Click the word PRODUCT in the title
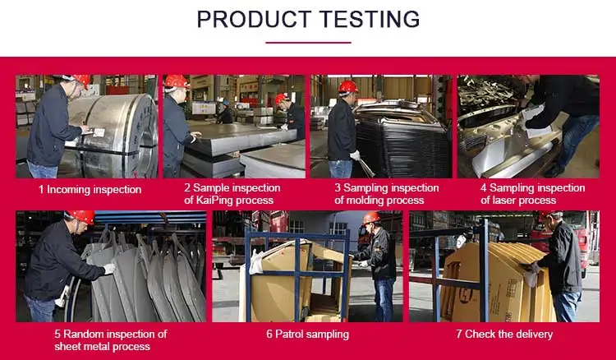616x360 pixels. click(254, 19)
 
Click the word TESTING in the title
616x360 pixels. click(370, 19)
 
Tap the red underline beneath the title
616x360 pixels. click(308, 43)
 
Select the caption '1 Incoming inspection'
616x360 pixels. click(90, 190)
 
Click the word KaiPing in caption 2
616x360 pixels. click(212, 200)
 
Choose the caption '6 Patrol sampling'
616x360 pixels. click(308, 335)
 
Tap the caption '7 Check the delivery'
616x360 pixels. click(504, 335)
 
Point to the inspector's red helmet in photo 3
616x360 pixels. click(348, 87)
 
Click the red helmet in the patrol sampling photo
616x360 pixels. click(371, 218)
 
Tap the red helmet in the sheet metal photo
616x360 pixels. click(81, 216)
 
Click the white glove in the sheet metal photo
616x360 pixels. click(108, 269)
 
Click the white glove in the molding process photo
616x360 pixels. click(355, 155)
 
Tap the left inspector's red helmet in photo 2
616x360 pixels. click(176, 81)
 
